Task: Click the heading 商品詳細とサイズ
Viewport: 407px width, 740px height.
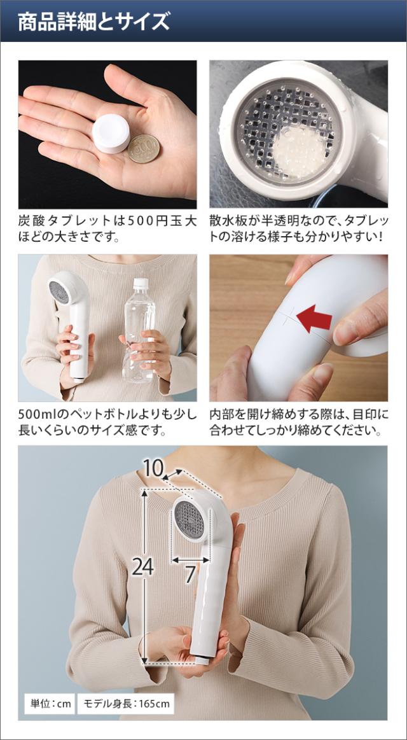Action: click(x=93, y=22)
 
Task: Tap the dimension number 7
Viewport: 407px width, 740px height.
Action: click(x=190, y=575)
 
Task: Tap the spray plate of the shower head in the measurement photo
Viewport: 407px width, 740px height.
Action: click(x=190, y=519)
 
